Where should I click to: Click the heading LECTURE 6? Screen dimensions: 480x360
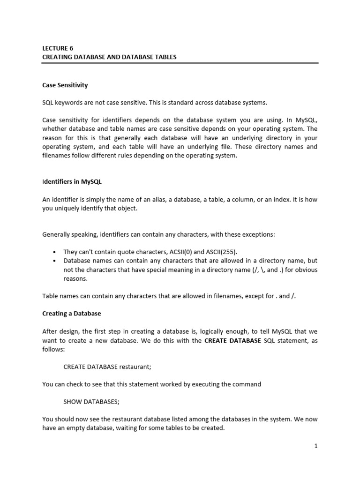pos(58,48)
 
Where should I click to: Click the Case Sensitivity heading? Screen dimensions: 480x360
pos(65,85)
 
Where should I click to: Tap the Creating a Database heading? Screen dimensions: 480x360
pos(71,313)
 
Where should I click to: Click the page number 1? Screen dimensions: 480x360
pos(316,446)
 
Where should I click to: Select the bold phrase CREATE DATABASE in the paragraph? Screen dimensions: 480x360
pos(232,341)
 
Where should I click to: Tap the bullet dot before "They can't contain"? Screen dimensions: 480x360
pos(55,252)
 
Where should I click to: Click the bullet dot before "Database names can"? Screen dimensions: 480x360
pos(55,261)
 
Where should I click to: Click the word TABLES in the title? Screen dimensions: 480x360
pos(164,57)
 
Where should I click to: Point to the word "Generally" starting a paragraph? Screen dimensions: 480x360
pos(57,234)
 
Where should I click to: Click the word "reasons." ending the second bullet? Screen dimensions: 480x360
pos(75,278)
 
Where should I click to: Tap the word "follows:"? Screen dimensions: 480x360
pos(53,349)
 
